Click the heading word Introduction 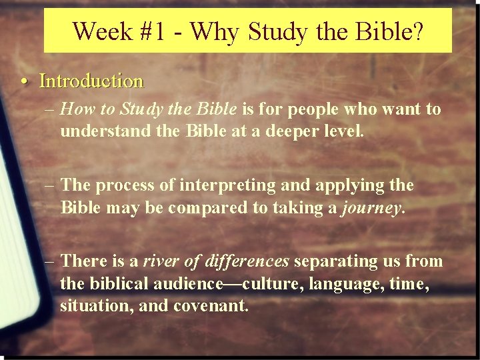[x=91, y=81]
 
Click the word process [x=123, y=185]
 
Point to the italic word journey [x=371, y=207]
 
